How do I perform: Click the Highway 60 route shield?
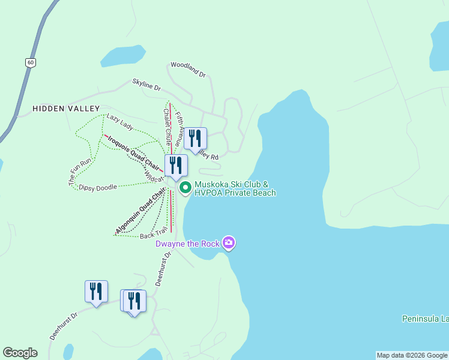pyautogui.click(x=29, y=62)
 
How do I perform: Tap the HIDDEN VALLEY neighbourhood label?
pyautogui.click(x=66, y=109)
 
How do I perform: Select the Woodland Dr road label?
pyautogui.click(x=188, y=70)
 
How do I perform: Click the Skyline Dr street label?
pyautogui.click(x=147, y=86)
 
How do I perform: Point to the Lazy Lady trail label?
pyautogui.click(x=120, y=122)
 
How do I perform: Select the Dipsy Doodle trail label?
pyautogui.click(x=98, y=187)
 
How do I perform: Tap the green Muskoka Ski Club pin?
pyautogui.click(x=185, y=188)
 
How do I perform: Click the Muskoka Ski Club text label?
pyautogui.click(x=234, y=188)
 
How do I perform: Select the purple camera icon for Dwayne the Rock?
pyautogui.click(x=229, y=243)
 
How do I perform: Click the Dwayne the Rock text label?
pyautogui.click(x=187, y=244)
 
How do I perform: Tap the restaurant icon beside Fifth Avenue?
pyautogui.click(x=195, y=139)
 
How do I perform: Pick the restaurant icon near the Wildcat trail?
pyautogui.click(x=176, y=166)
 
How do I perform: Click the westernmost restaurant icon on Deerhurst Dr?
pyautogui.click(x=96, y=292)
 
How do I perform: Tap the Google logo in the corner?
pyautogui.click(x=20, y=353)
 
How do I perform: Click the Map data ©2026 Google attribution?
pyautogui.click(x=412, y=355)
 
